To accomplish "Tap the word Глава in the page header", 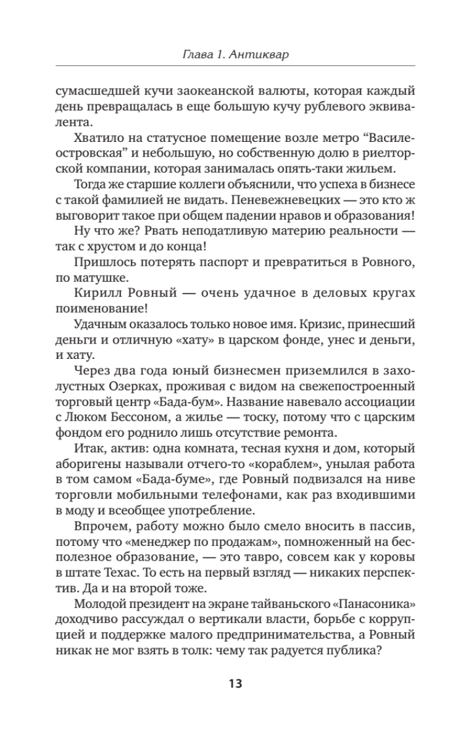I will [199, 55].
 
